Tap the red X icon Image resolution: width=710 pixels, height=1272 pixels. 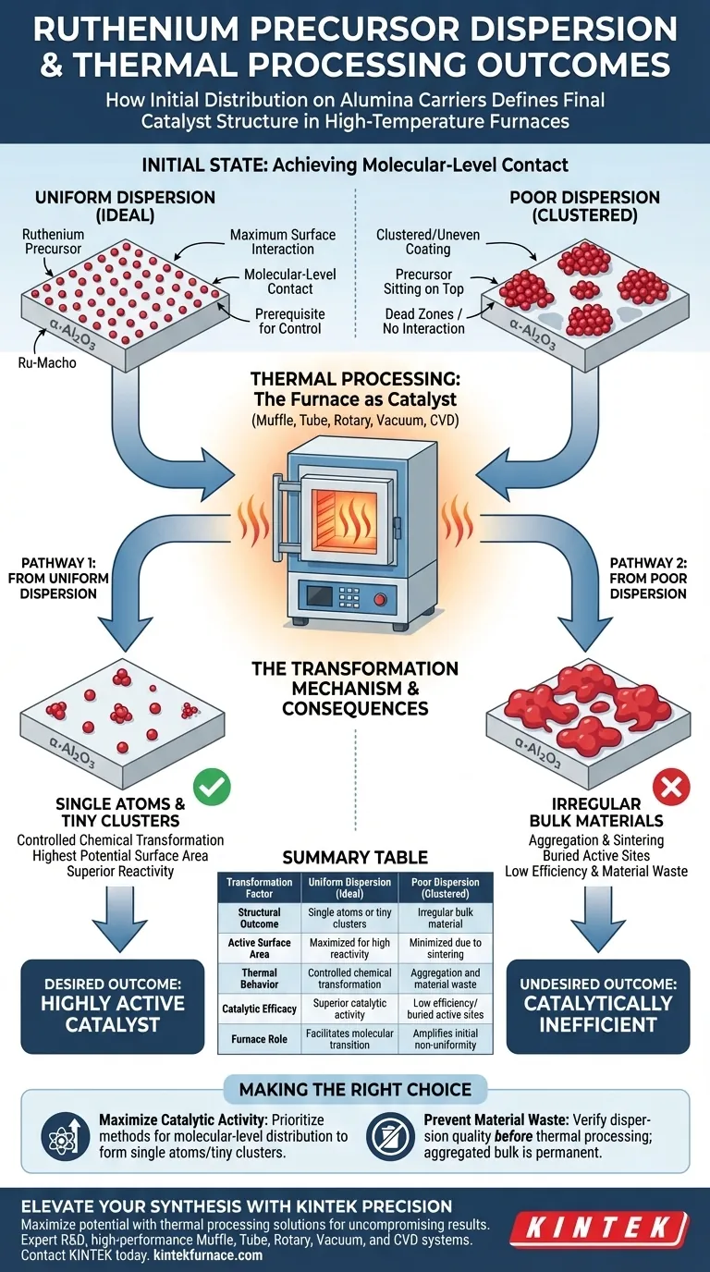(x=672, y=788)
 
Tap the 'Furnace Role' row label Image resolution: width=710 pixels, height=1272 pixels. (x=259, y=1039)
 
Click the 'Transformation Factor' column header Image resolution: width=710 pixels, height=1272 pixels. (x=259, y=888)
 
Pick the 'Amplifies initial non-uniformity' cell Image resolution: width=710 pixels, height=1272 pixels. (x=446, y=1039)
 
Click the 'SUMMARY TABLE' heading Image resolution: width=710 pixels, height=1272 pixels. (x=355, y=857)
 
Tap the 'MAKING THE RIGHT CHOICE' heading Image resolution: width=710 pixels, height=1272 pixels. (x=355, y=1089)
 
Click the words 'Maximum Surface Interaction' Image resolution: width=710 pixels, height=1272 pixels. (x=283, y=241)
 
